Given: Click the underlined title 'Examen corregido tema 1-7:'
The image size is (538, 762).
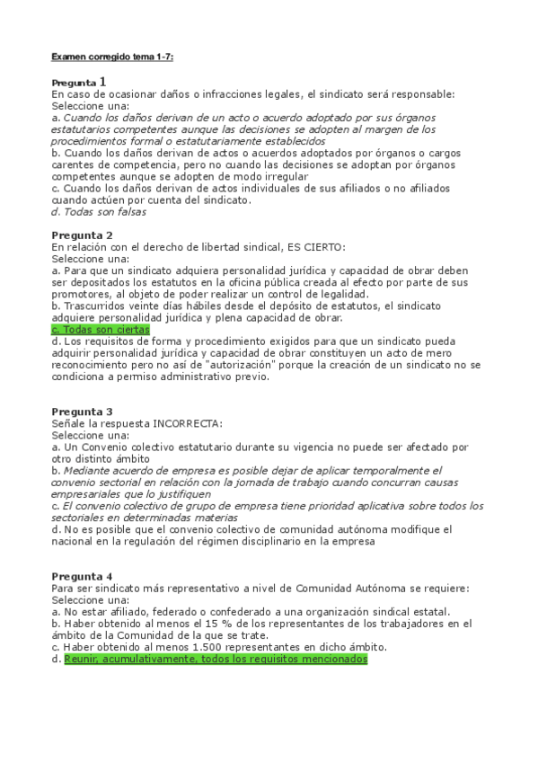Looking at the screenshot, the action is click(112, 57).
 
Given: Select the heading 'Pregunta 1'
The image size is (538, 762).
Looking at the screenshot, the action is click(79, 82).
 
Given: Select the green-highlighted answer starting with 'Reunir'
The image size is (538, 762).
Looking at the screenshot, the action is click(216, 659).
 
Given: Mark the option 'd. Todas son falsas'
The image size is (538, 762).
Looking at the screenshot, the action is click(100, 212).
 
